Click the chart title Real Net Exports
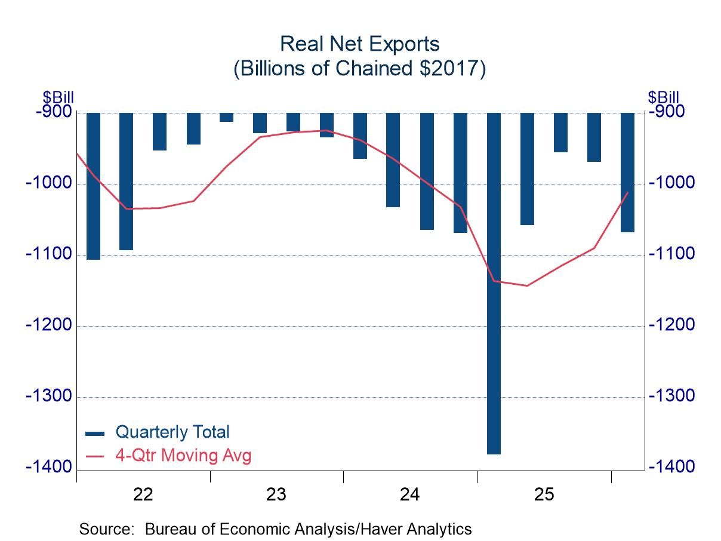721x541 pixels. click(360, 44)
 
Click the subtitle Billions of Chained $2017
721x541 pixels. click(360, 69)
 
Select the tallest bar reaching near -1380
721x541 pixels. click(494, 283)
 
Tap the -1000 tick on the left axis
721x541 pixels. click(48, 183)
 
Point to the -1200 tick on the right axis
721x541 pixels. click(671, 325)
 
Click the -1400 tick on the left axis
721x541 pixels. click(48, 467)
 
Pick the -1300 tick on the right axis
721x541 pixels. click(671, 396)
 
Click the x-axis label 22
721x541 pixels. click(143, 494)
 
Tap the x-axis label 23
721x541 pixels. click(276, 494)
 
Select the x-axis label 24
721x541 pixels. click(410, 494)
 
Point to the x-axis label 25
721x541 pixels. click(544, 494)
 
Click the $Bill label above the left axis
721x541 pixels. click(57, 97)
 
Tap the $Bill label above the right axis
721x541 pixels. click(663, 97)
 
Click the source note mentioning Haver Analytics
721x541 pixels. click(275, 529)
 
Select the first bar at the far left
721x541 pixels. click(93, 186)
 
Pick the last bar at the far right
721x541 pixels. click(627, 172)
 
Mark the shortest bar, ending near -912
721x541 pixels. click(226, 117)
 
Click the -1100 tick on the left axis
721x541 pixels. click(48, 254)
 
